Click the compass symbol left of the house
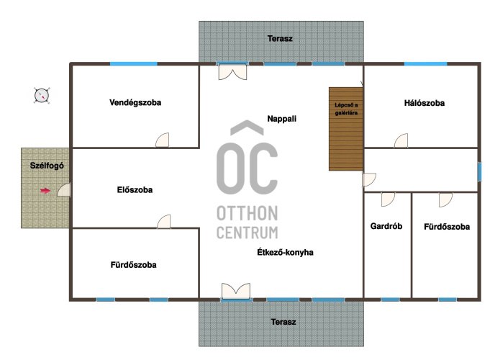tap(42, 95)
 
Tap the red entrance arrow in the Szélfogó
tap(45, 190)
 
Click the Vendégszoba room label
tap(135, 103)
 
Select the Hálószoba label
tap(424, 103)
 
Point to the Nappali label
tap(281, 119)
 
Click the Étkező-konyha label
tap(285, 252)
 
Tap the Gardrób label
tap(386, 226)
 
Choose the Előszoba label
tap(135, 190)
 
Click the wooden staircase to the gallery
tap(346, 129)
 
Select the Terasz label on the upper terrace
tap(280, 39)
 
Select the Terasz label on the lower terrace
tap(283, 322)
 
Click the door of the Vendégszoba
tap(163, 140)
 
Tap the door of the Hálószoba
tap(401, 141)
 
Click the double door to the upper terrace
tap(232, 72)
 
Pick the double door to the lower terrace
tap(236, 291)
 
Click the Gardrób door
tap(388, 199)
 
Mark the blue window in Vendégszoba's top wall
tap(134, 64)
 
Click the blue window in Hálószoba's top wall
tap(425, 64)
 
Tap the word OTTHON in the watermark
tap(247, 213)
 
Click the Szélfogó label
tap(47, 166)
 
